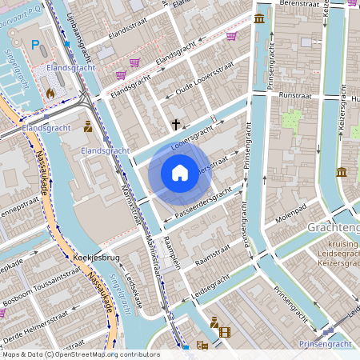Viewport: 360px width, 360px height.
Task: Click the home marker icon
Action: [x=180, y=172]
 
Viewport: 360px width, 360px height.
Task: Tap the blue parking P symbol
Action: [x=34, y=46]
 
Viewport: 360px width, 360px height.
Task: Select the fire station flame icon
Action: [x=50, y=93]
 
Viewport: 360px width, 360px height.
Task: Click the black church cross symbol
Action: [x=176, y=125]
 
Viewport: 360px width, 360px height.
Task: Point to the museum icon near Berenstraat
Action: [x=259, y=18]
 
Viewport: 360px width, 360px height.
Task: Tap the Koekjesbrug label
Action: [x=96, y=258]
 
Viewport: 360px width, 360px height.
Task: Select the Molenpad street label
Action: [x=290, y=217]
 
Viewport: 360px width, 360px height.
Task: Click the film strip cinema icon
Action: [x=224, y=332]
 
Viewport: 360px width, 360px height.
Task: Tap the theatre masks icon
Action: [x=202, y=346]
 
